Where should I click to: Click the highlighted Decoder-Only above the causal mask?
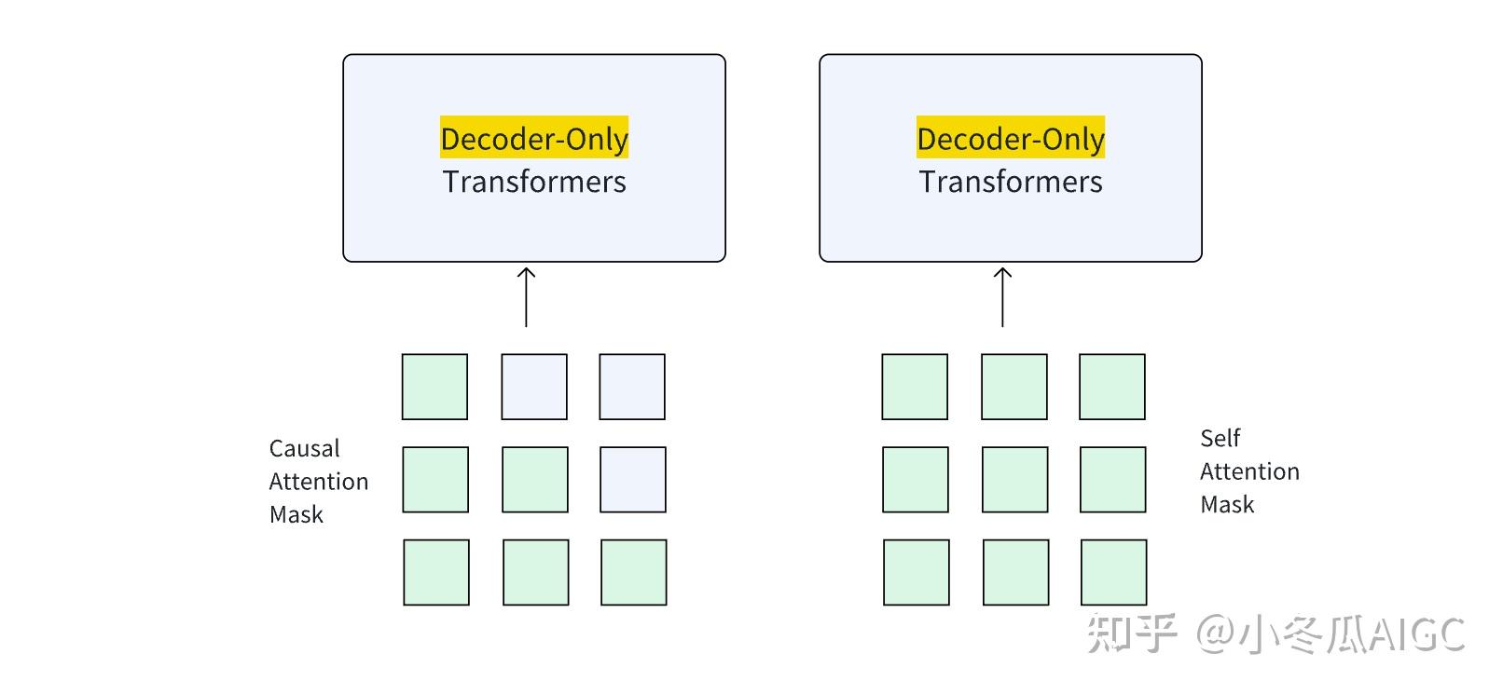(x=534, y=138)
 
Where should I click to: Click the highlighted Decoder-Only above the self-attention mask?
(x=1011, y=138)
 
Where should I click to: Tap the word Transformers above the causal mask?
(x=534, y=182)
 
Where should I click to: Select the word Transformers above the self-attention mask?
(x=1011, y=182)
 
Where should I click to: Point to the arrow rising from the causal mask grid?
(x=526, y=296)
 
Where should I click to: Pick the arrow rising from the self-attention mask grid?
(x=1002, y=296)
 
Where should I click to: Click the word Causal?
(x=304, y=448)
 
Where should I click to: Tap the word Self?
(x=1220, y=438)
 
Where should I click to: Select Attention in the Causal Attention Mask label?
(x=319, y=482)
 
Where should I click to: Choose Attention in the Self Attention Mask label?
(x=1249, y=471)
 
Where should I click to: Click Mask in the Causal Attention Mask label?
(x=296, y=514)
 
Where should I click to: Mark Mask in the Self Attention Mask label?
(x=1227, y=504)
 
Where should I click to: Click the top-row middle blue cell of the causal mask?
(x=534, y=387)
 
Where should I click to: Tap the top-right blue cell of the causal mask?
(x=632, y=387)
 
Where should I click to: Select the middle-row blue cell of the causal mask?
(x=633, y=480)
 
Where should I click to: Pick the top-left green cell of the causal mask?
(x=434, y=387)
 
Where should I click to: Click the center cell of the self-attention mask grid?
(x=1014, y=480)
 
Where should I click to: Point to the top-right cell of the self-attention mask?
(x=1112, y=387)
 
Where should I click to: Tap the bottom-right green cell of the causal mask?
(x=634, y=572)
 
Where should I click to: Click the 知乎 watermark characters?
(x=1132, y=634)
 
